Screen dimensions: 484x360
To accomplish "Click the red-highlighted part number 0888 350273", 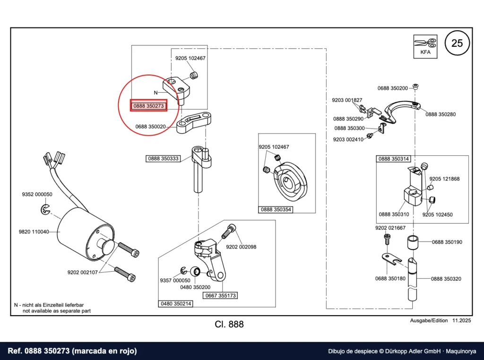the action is [148, 106].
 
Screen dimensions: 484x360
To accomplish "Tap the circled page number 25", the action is [457, 43].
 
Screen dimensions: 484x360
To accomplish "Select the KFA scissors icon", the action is [425, 46].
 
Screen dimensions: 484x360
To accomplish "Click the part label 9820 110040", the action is [34, 231].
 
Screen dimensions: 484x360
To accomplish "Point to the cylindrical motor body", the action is [85, 233].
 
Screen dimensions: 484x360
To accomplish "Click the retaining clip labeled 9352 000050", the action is [45, 209].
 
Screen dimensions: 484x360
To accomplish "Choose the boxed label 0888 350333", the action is [163, 159].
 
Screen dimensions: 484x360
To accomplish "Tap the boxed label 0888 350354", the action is [276, 209].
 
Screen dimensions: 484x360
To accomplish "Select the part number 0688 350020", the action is [150, 127].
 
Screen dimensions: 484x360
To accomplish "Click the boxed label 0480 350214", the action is [176, 304].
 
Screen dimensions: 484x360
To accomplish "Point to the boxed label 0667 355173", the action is [220, 296].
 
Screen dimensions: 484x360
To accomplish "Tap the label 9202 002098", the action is [241, 247].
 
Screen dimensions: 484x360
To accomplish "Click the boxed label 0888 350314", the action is [394, 159].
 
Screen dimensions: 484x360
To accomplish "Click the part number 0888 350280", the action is [441, 114].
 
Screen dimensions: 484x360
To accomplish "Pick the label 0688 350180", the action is [390, 279].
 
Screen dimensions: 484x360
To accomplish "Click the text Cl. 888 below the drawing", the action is [229, 324].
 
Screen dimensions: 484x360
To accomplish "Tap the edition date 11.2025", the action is [462, 320].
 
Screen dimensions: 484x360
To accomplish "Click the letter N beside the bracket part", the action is [156, 93].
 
